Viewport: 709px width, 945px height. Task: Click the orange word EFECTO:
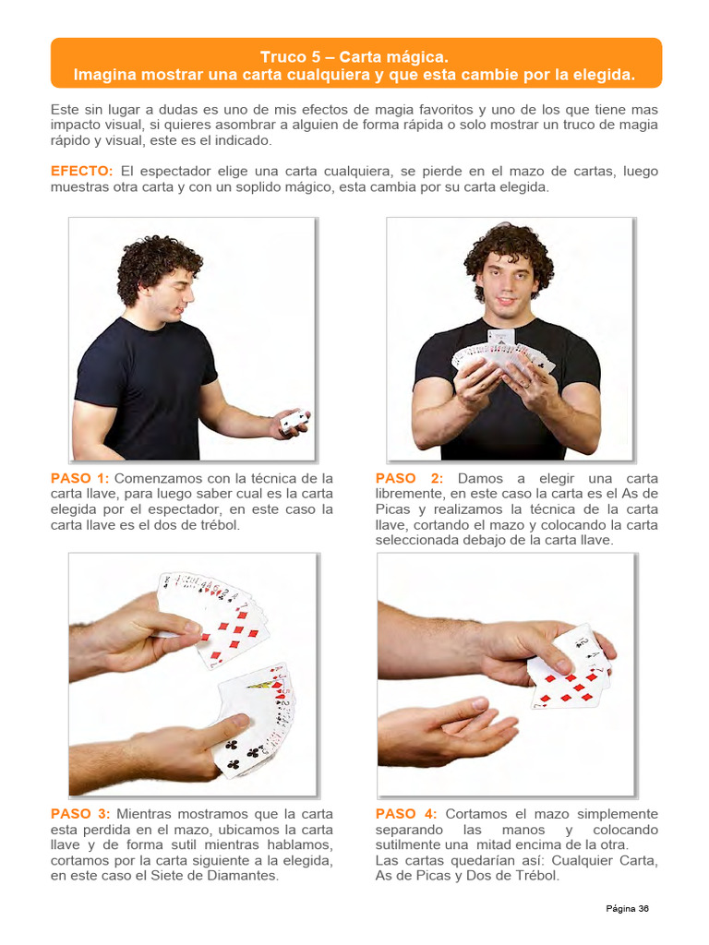pyautogui.click(x=81, y=171)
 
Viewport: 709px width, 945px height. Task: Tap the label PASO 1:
pyautogui.click(x=79, y=479)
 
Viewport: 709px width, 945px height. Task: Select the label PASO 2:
pyautogui.click(x=409, y=479)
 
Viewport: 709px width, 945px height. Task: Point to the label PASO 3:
pyautogui.click(x=80, y=814)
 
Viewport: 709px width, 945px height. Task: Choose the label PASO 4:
pyautogui.click(x=406, y=814)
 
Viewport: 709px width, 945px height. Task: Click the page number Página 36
pyautogui.click(x=627, y=909)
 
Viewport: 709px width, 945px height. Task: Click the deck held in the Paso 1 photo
pyautogui.click(x=294, y=422)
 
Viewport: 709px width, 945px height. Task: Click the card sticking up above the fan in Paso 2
pyautogui.click(x=501, y=338)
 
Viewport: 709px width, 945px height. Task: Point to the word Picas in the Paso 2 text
pyautogui.click(x=392, y=509)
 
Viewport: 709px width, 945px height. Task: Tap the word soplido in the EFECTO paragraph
pyautogui.click(x=246, y=186)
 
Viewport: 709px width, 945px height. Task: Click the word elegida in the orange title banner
pyautogui.click(x=609, y=75)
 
